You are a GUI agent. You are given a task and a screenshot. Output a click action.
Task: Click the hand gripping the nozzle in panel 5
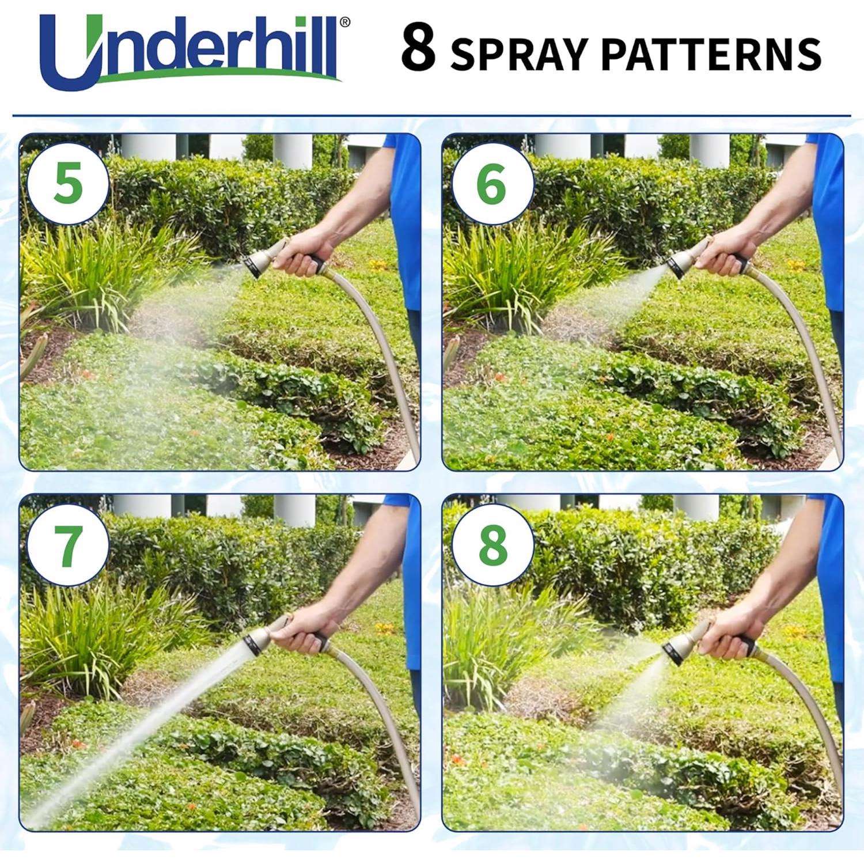pos(302,253)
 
